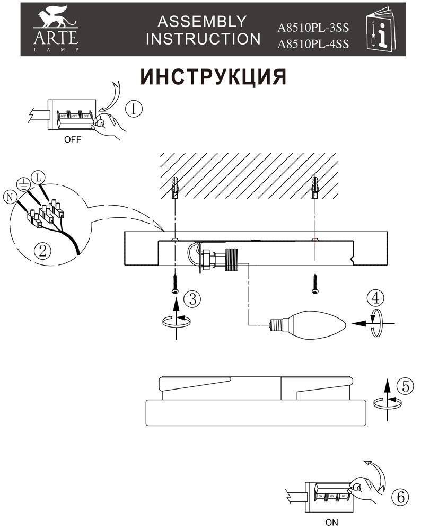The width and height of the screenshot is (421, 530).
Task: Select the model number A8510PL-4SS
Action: point(313,45)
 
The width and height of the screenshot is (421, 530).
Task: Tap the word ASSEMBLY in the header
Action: point(202,21)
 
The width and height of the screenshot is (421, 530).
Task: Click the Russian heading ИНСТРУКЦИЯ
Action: point(213,77)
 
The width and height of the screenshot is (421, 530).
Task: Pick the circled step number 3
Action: point(192,298)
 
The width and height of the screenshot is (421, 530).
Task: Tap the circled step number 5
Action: point(405,386)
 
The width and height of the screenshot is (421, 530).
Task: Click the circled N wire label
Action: point(9,197)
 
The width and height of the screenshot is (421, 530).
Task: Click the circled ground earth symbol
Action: point(23,184)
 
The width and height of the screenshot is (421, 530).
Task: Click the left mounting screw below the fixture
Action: point(175,284)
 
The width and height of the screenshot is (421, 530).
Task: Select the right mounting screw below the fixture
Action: point(315,284)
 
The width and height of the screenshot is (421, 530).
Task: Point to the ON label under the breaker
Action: point(331,522)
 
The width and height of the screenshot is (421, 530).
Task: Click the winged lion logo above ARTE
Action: point(55,19)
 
